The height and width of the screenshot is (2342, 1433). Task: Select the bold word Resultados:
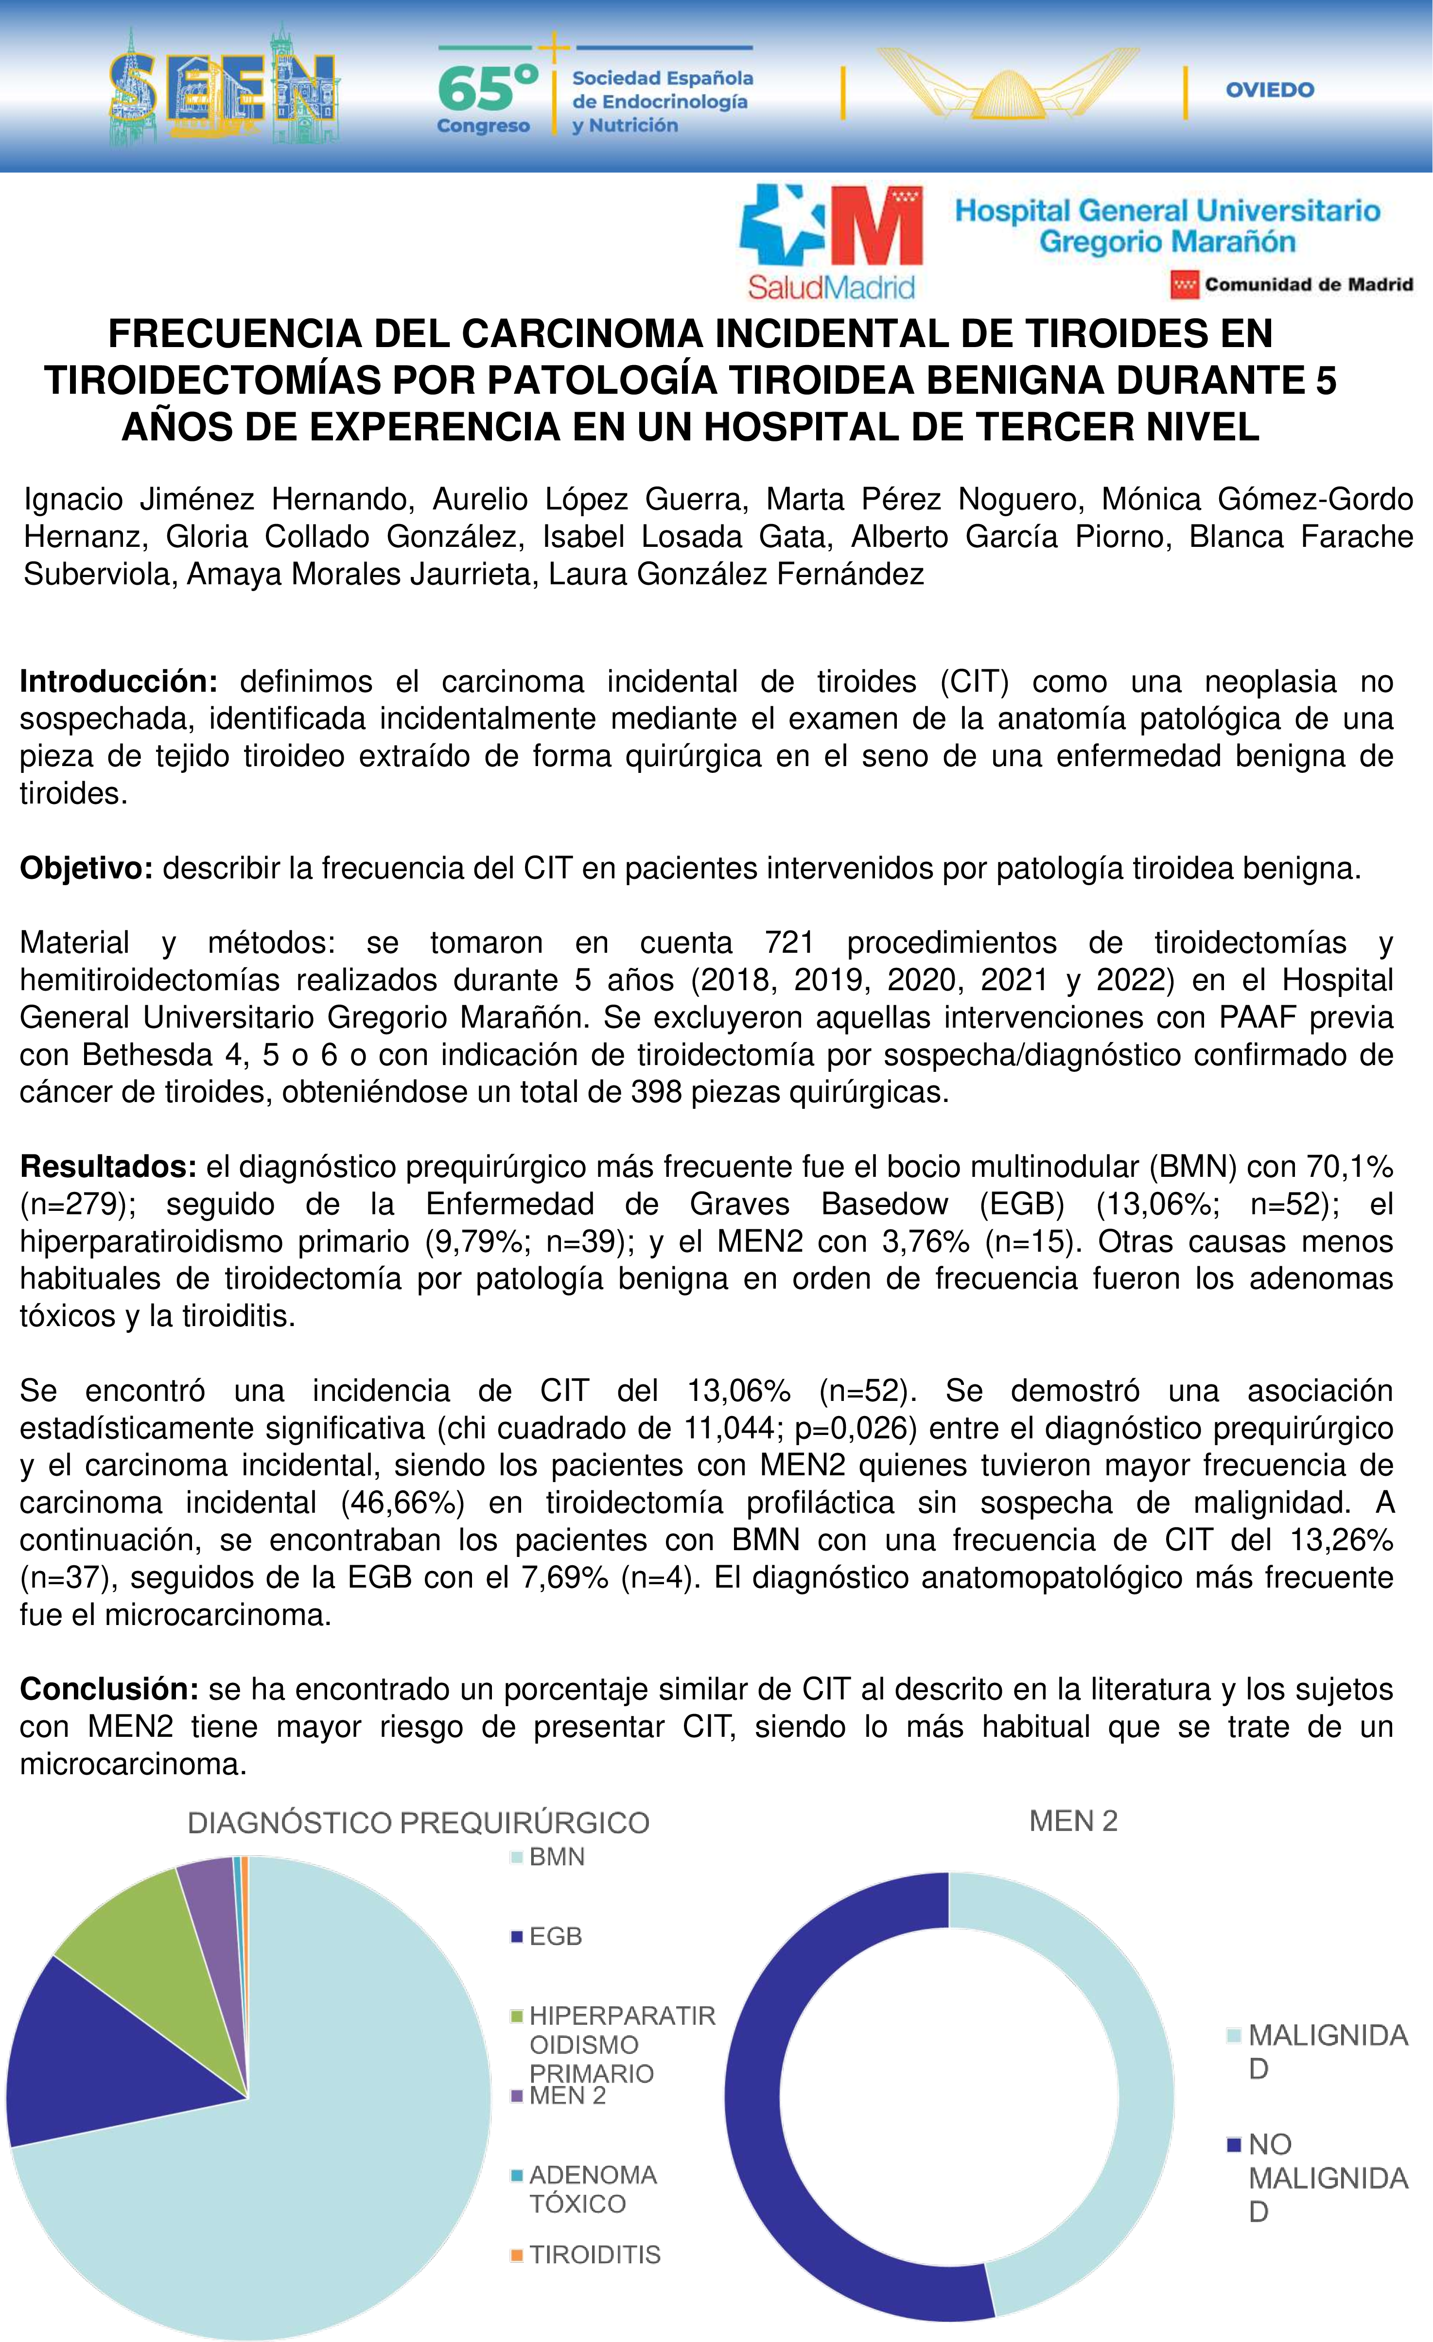[107, 1166]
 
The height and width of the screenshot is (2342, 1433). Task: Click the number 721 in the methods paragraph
[790, 943]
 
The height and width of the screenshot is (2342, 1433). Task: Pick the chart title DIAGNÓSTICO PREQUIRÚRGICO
[418, 1823]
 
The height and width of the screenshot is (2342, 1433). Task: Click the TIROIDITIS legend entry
[594, 2255]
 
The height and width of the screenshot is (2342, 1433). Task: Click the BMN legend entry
[556, 1856]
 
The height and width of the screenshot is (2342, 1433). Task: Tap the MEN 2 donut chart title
[1073, 1821]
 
